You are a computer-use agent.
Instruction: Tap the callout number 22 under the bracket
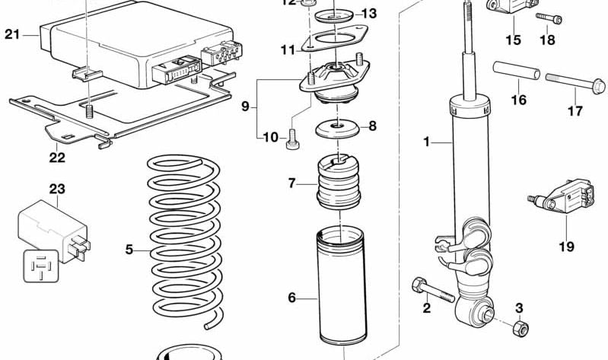coord(57,158)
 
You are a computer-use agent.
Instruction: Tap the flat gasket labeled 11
coord(333,39)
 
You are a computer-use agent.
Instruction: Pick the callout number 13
coord(368,13)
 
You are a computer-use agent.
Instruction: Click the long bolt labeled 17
coord(571,78)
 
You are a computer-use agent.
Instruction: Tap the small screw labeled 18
coord(548,18)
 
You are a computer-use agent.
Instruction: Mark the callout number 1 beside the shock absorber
coord(427,141)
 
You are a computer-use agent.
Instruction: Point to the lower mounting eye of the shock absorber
coord(482,313)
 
